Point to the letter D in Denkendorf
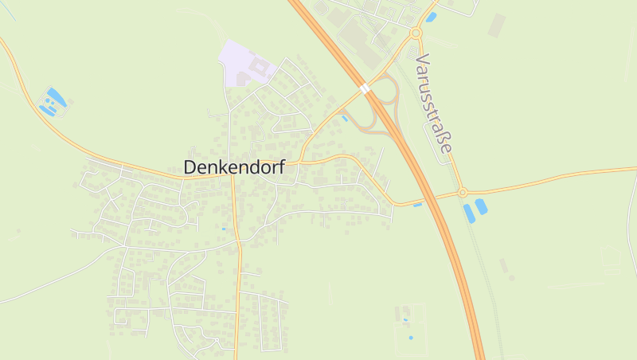pos(190,167)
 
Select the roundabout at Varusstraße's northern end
pos(416,33)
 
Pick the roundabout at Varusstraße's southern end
pos(462,193)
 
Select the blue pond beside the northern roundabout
pos(432,17)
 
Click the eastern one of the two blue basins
pos(481,207)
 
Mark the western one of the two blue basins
pos(468,213)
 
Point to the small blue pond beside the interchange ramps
pos(345,119)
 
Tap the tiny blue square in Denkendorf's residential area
pos(224,229)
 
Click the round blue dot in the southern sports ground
pos(411,338)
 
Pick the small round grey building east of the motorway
pos(511,278)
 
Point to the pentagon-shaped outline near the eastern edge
pos(611,260)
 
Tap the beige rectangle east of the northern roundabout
pos(497,25)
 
